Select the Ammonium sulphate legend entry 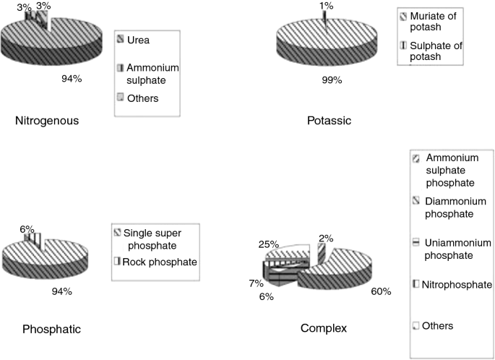[152, 73]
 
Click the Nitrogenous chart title [46, 121]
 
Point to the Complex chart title [323, 329]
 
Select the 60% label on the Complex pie [381, 291]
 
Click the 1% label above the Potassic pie [327, 7]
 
